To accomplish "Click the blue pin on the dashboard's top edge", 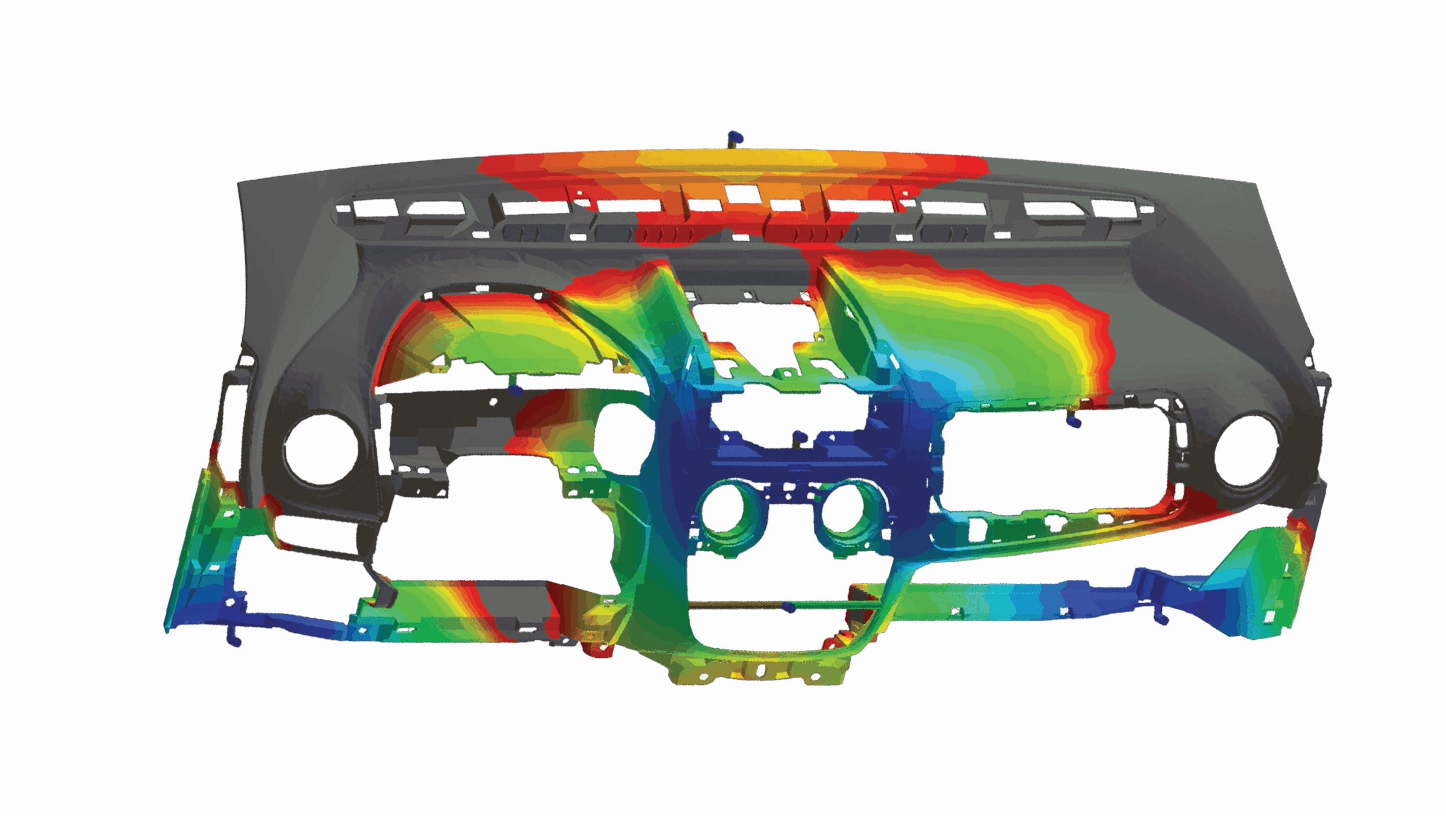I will pyautogui.click(x=735, y=136).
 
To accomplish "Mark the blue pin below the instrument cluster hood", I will pyautogui.click(x=515, y=389).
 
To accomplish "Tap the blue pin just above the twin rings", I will pyautogui.click(x=799, y=436).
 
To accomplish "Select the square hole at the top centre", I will pyautogui.click(x=737, y=194).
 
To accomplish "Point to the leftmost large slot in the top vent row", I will pyautogui.click(x=435, y=208).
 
